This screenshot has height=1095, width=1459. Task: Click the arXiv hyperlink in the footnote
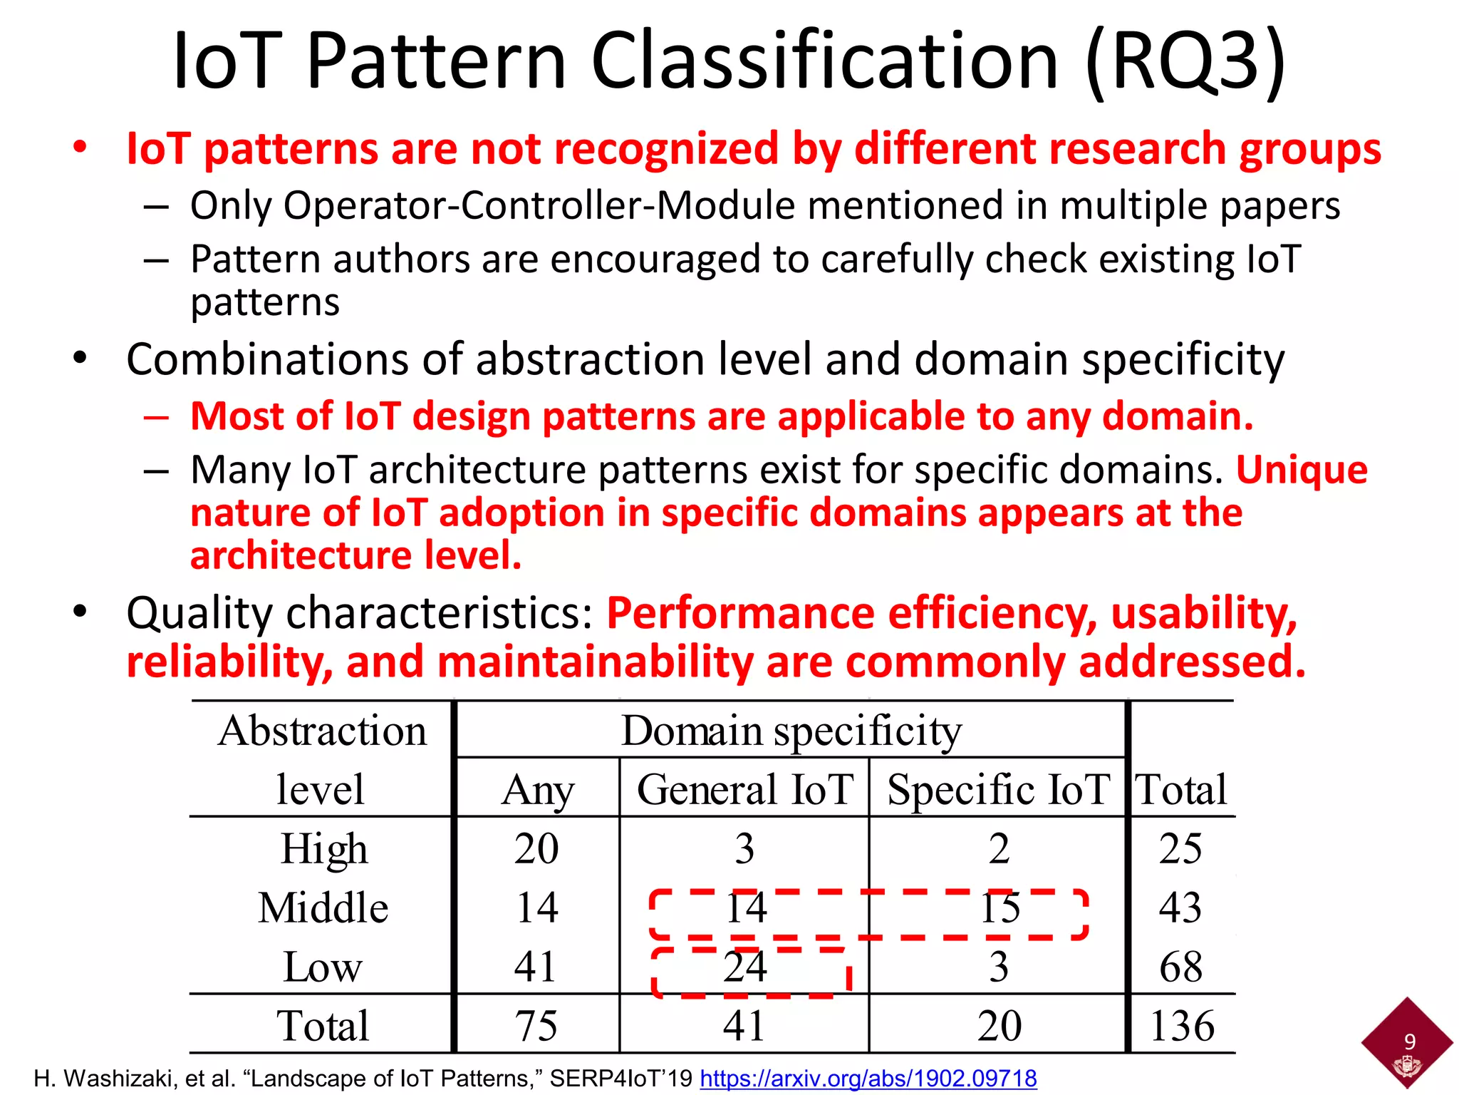point(868,1078)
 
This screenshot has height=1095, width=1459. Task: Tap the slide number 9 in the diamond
point(1409,1042)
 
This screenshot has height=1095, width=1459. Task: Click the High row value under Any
point(536,848)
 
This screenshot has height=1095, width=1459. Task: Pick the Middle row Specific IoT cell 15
point(1000,908)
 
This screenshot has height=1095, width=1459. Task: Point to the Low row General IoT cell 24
point(745,967)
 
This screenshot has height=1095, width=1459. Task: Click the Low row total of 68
point(1181,967)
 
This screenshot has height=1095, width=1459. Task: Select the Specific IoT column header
point(998,790)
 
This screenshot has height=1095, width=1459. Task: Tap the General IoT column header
point(745,790)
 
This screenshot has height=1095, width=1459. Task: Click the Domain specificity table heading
point(791,731)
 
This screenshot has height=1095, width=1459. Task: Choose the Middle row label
point(323,908)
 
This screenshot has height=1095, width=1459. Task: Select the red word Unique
point(1302,470)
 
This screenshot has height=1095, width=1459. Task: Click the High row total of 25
point(1180,848)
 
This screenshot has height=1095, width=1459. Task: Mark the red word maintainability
point(596,662)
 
